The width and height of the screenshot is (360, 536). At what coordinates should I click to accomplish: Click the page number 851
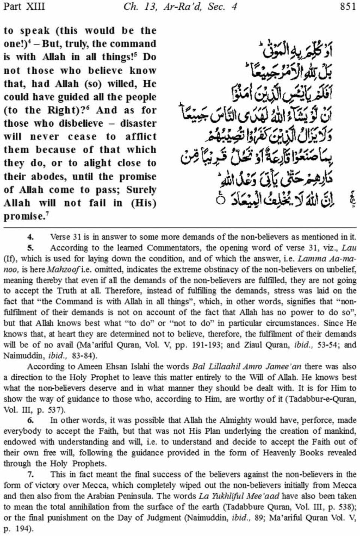coord(348,6)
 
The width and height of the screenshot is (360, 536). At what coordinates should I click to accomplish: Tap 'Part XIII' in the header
coord(23,6)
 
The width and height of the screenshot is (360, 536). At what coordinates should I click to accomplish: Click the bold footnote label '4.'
coord(30,237)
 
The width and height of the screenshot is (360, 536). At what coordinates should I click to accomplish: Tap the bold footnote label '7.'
coord(30,475)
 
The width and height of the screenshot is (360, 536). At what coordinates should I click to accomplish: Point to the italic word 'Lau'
coord(349,248)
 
